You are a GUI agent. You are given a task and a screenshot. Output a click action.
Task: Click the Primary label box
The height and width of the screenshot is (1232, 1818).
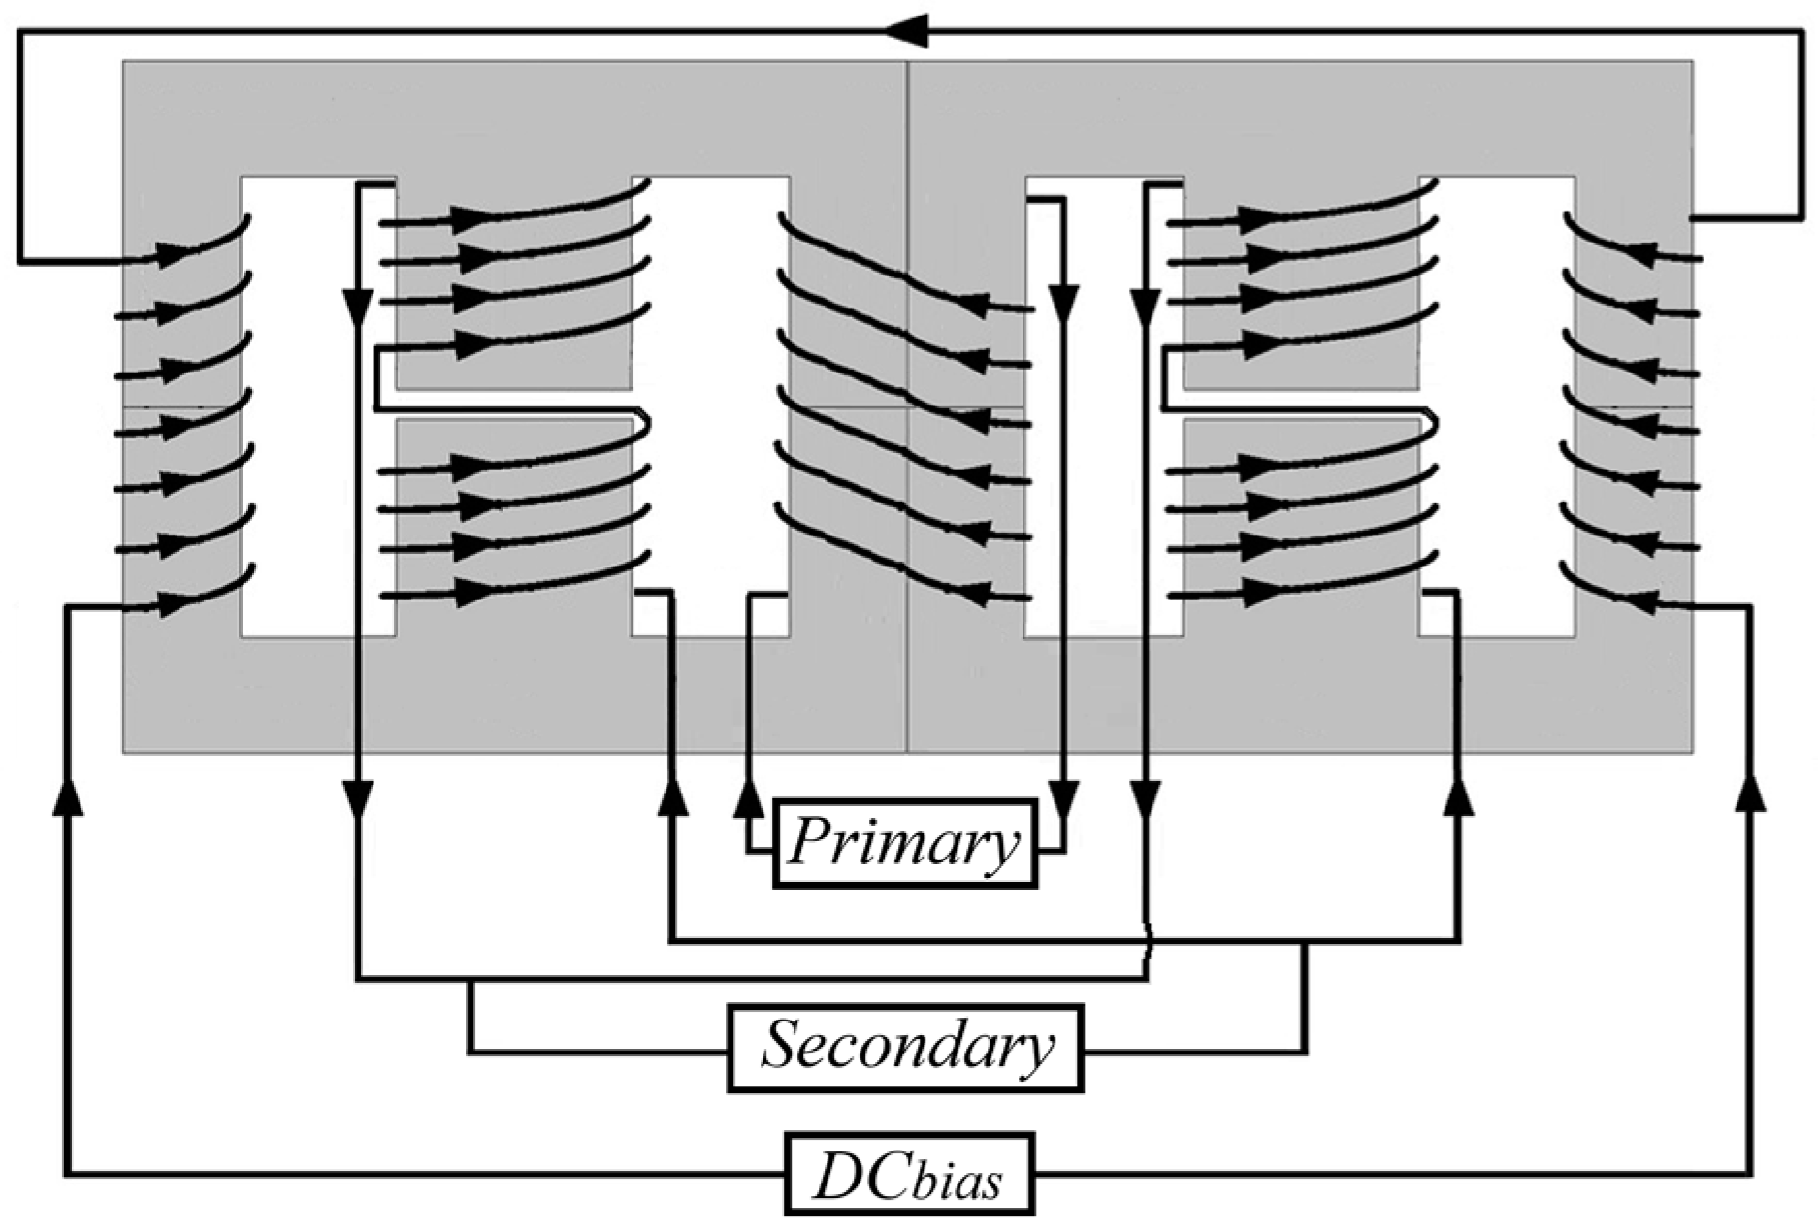[904, 843]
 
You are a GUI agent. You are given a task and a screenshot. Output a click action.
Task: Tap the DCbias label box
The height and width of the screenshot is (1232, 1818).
[908, 1173]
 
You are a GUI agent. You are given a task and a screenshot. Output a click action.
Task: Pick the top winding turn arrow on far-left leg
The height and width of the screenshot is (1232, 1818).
[173, 254]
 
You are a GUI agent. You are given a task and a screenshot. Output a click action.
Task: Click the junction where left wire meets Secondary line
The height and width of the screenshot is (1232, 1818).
[471, 980]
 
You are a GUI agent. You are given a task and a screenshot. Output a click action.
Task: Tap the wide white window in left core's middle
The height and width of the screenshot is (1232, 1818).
[710, 407]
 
